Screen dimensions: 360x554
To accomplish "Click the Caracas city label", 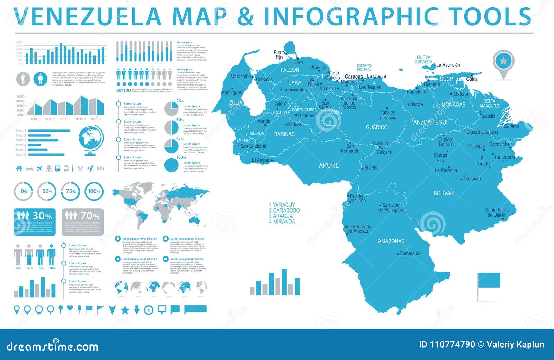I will click(x=354, y=76).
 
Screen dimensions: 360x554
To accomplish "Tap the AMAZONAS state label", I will click(x=391, y=241).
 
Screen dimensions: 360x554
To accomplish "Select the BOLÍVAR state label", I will click(x=443, y=193).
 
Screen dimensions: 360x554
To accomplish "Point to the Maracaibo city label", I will click(x=240, y=76).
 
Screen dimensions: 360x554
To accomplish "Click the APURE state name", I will click(x=329, y=165).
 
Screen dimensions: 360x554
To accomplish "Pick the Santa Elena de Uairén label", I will click(x=497, y=212).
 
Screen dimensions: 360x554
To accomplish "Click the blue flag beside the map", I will click(x=489, y=281).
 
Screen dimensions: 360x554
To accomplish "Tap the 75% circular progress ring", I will click(x=71, y=191).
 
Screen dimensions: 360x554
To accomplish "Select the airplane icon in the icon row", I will click(x=39, y=169).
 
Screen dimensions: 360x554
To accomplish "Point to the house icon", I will click(x=19, y=169).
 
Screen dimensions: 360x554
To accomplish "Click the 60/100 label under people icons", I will click(x=124, y=90).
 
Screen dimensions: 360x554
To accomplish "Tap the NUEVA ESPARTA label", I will click(x=423, y=60).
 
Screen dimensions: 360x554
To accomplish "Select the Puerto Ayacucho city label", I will click(x=356, y=198).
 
